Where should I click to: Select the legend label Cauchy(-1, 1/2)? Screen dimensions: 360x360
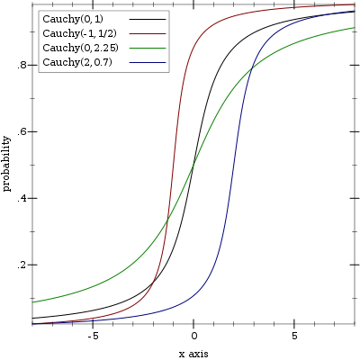79,33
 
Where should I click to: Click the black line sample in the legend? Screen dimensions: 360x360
148,19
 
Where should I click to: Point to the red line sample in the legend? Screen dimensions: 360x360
148,33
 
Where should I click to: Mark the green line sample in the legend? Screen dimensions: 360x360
148,48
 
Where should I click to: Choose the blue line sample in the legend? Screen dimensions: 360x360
148,62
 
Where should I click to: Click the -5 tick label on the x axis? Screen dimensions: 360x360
93,336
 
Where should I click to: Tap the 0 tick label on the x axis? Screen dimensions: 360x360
193,336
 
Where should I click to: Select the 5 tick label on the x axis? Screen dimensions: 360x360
294,336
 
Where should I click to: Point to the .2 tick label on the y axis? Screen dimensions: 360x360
22,265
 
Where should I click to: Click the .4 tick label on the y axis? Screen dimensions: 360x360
22,198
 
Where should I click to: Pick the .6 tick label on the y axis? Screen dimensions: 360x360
22,131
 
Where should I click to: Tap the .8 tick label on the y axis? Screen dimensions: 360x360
22,65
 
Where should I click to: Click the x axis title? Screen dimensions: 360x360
193,354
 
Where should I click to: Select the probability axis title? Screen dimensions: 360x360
6,164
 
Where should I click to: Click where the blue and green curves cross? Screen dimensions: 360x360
251,69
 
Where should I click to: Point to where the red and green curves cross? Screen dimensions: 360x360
166,220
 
